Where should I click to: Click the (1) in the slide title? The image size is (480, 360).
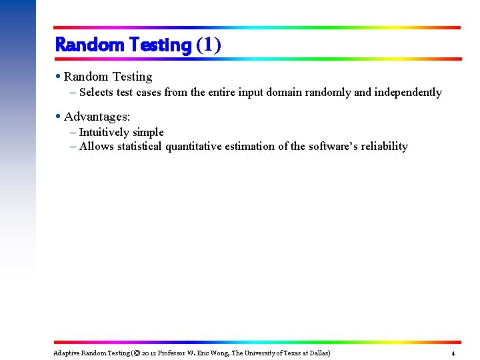click(x=208, y=45)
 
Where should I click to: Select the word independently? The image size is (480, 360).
click(x=407, y=93)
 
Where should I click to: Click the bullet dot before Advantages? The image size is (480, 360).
click(x=59, y=117)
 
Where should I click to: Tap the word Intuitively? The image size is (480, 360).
click(x=105, y=133)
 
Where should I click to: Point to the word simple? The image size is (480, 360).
click(x=149, y=133)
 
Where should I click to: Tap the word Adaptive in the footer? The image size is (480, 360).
click(x=66, y=353)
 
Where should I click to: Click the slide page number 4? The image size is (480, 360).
click(x=453, y=353)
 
